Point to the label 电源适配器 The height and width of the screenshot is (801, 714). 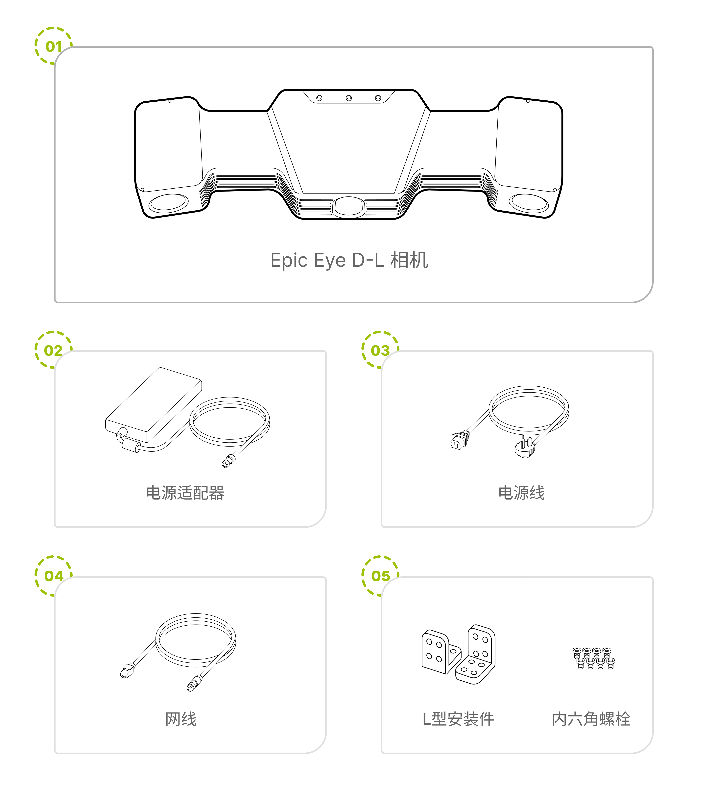185,493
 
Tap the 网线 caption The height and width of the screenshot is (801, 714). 181,719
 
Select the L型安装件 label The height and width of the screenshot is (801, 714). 458,719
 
